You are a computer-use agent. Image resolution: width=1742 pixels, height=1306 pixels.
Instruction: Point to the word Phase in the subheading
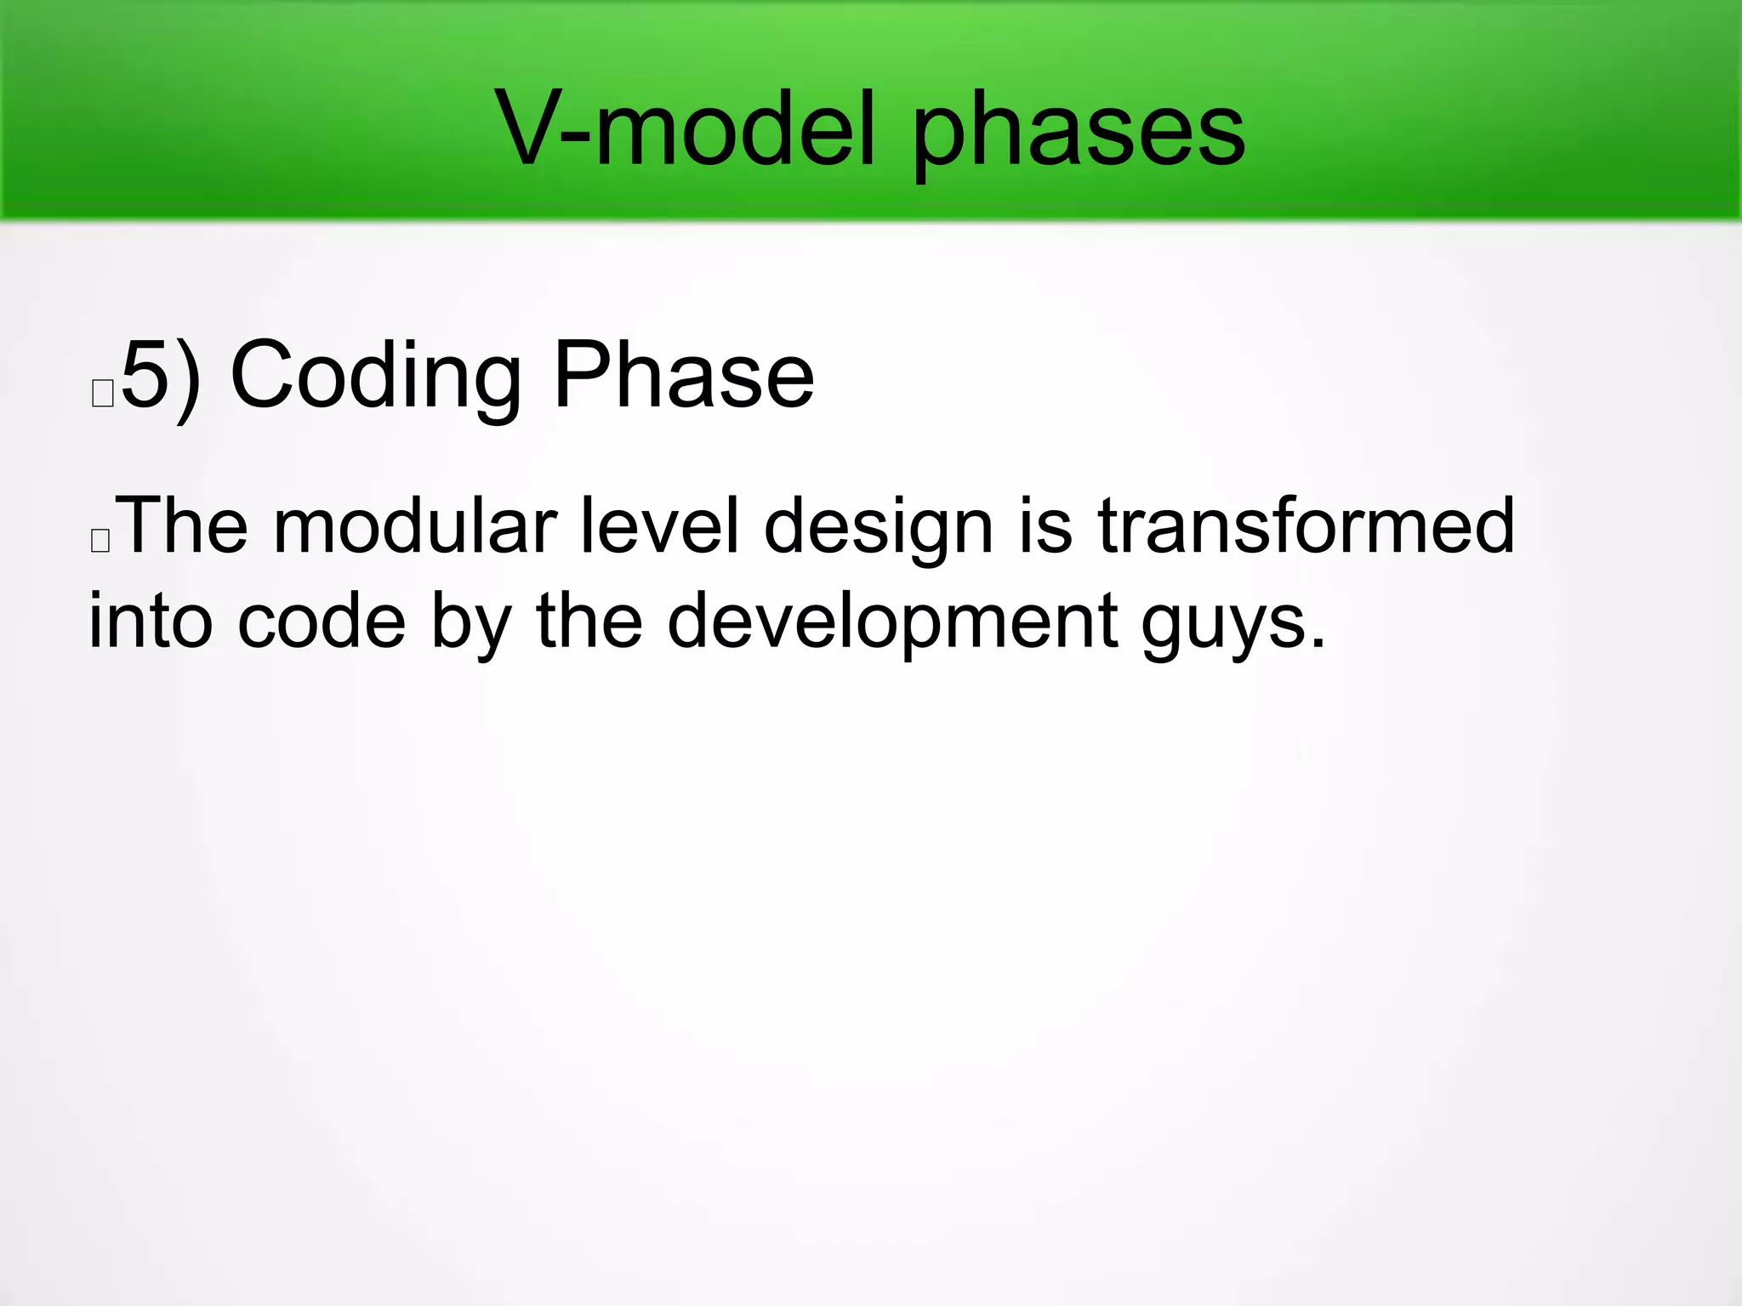(x=684, y=375)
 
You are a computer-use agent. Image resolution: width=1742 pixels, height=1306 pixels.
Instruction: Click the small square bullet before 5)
(x=103, y=395)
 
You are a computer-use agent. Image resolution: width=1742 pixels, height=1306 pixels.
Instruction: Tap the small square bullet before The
(x=100, y=541)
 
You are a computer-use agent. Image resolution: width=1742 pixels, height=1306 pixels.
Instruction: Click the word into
(x=151, y=621)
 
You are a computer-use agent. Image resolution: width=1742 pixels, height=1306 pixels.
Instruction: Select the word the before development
(x=589, y=621)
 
